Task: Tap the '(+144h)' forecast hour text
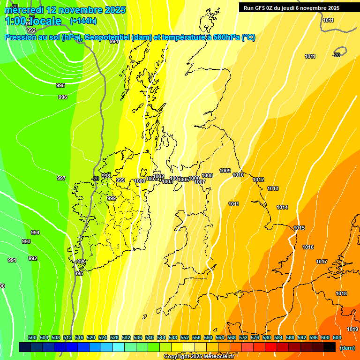(x=83, y=21)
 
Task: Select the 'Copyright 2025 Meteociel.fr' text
(x=199, y=356)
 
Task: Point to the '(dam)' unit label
(x=347, y=348)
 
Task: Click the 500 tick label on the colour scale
(x=32, y=337)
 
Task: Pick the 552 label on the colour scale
(x=185, y=337)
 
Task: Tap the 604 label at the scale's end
(x=337, y=337)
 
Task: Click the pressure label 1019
(x=352, y=330)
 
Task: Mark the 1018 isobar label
(x=341, y=293)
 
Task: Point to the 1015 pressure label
(x=299, y=228)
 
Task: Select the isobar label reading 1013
(x=273, y=189)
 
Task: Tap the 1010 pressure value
(x=238, y=175)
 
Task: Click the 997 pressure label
(x=61, y=178)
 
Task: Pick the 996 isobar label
(x=63, y=97)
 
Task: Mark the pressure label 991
(x=12, y=260)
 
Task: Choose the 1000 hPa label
(x=140, y=181)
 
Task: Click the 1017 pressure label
(x=321, y=262)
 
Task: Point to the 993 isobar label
(x=26, y=241)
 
